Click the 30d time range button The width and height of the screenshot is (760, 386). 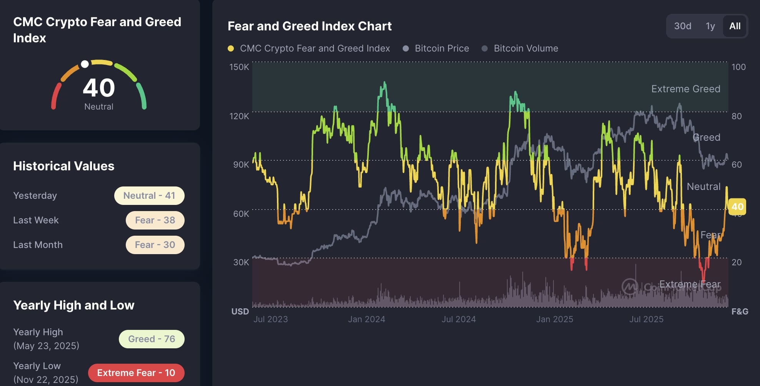683,26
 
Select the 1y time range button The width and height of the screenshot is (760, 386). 710,26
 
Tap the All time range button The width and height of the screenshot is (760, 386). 735,26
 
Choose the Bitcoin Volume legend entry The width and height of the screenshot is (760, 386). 520,48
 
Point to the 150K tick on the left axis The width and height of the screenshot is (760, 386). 239,67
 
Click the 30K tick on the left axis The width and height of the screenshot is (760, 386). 241,262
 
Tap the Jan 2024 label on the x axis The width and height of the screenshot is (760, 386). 367,319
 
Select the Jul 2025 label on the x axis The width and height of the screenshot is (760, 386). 646,319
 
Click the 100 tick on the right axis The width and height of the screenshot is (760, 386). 738,67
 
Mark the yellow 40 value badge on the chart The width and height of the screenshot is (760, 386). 737,207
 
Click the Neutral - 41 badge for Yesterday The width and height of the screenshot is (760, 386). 149,196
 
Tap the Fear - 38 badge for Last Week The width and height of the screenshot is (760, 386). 155,220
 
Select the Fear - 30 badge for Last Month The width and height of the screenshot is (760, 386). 155,245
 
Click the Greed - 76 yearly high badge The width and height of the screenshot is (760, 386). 152,339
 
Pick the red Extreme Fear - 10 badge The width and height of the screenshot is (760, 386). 136,373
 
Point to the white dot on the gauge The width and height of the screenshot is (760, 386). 85,64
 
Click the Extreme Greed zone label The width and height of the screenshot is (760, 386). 686,89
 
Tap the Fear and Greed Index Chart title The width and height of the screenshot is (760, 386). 310,26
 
